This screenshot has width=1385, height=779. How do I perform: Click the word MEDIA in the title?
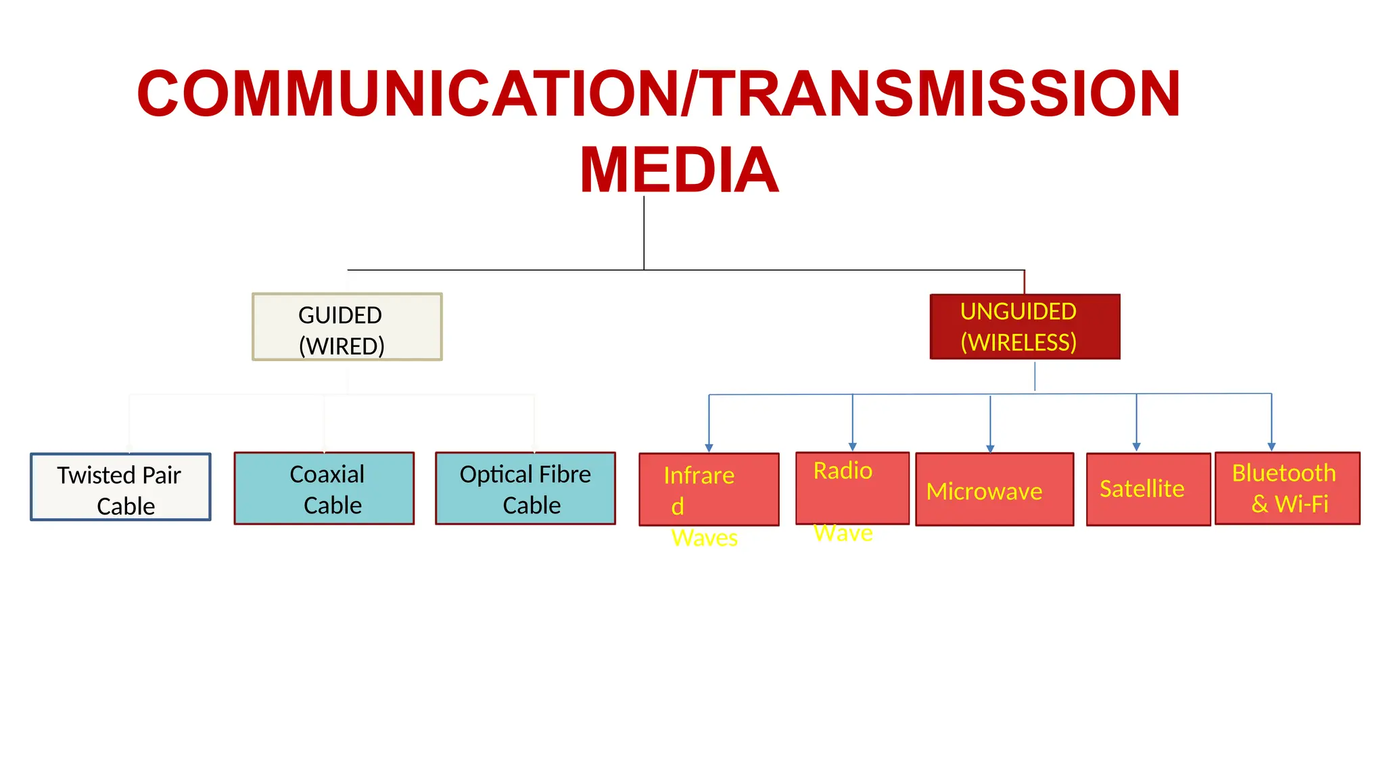tap(679, 170)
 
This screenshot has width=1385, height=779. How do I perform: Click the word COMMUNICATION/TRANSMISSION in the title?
tap(659, 94)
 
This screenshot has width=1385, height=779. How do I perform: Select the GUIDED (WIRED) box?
tap(347, 327)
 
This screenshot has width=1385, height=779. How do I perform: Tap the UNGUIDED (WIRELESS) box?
tap(1025, 327)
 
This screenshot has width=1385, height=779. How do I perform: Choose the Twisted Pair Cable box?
tap(120, 487)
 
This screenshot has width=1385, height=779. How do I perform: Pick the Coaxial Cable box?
tap(324, 488)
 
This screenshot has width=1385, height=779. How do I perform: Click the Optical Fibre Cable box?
tap(525, 488)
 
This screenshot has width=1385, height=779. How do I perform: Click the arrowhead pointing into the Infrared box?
tap(709, 448)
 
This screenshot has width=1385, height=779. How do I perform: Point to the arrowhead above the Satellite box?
tap(1136, 447)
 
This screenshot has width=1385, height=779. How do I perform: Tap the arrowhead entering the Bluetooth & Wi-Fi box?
tap(1271, 447)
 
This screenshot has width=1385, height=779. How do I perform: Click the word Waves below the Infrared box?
tap(704, 538)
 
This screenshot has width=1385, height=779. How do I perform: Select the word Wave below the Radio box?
tap(843, 534)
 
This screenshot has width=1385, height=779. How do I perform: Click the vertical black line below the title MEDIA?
tap(644, 233)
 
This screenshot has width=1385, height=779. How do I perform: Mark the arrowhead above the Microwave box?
tap(990, 448)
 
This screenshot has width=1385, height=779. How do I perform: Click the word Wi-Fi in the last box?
tap(1301, 504)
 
